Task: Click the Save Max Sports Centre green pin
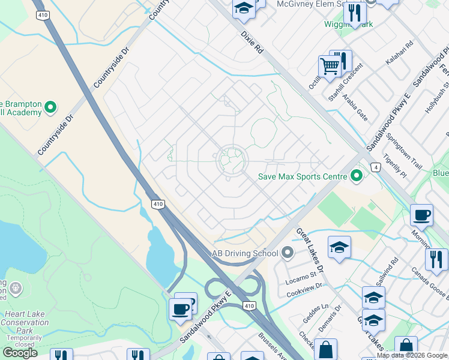pyautogui.click(x=357, y=176)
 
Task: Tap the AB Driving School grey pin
pyautogui.click(x=287, y=253)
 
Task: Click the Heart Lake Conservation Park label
pyautogui.click(x=25, y=323)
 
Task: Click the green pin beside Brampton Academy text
pyautogui.click(x=50, y=107)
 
